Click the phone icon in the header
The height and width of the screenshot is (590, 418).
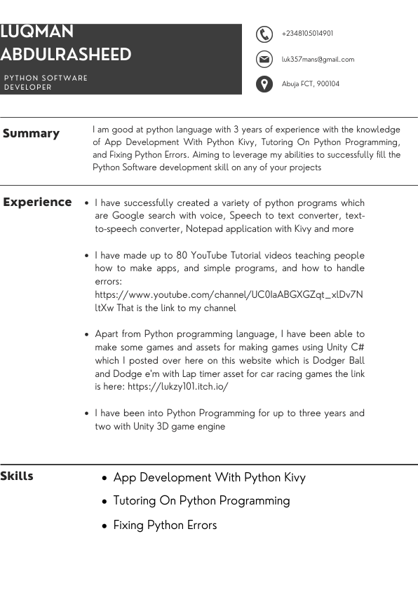(264, 34)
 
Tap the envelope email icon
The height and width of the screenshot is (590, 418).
(264, 59)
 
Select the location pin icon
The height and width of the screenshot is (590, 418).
(264, 84)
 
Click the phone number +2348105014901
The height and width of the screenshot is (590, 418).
(307, 34)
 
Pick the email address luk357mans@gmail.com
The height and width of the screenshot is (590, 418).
(318, 60)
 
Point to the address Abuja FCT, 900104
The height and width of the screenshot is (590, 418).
(310, 84)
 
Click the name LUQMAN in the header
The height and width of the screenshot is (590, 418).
(37, 32)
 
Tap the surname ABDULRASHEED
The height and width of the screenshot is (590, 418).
(66, 55)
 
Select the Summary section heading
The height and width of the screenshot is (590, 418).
(31, 133)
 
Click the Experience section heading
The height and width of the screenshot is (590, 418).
(37, 202)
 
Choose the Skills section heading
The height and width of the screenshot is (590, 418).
(17, 476)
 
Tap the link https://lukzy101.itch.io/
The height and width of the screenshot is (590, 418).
(178, 386)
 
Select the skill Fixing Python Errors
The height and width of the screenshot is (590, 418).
(165, 525)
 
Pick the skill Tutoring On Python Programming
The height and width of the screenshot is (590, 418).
(201, 500)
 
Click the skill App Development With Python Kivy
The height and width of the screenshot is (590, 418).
(209, 477)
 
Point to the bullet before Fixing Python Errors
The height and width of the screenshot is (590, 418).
(104, 526)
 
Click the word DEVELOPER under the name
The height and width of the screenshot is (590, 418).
(28, 88)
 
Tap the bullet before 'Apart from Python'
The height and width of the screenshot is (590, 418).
(86, 335)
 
